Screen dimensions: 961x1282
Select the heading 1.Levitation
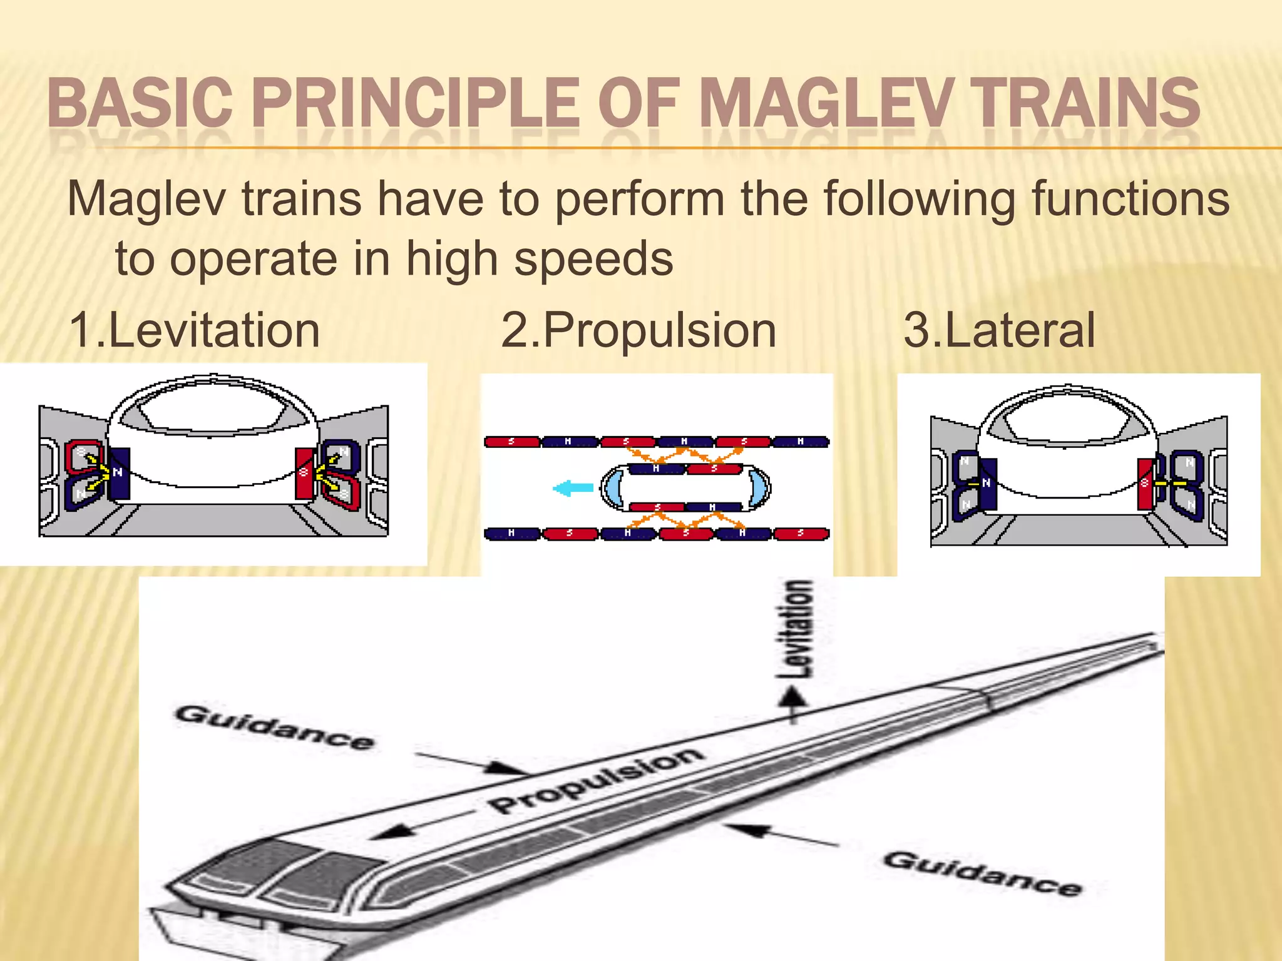pos(194,330)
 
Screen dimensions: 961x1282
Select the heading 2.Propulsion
pos(638,330)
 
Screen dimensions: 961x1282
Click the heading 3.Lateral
pos(999,330)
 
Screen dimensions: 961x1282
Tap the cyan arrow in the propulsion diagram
pos(573,488)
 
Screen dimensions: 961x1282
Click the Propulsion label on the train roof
pos(595,780)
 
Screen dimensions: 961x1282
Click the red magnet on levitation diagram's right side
pos(304,474)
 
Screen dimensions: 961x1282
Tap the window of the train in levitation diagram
pos(213,407)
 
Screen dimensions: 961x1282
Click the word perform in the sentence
pos(639,199)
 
